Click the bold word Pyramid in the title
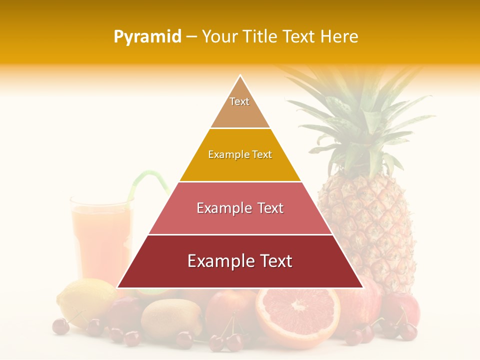(x=147, y=37)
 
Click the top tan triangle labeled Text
(x=240, y=107)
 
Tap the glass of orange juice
(x=100, y=240)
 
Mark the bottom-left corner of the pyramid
(x=117, y=287)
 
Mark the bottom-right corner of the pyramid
(x=363, y=287)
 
